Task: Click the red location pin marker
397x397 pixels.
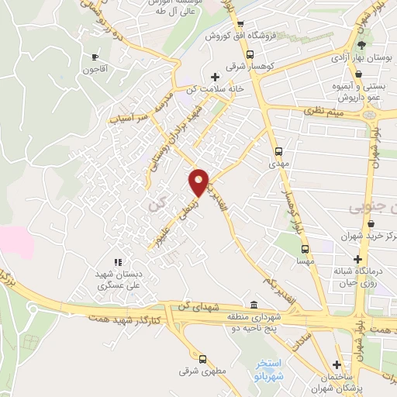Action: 199,182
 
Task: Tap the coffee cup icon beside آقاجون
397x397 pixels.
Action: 95,57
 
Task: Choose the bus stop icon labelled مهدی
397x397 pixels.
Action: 278,152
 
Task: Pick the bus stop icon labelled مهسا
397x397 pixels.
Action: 306,249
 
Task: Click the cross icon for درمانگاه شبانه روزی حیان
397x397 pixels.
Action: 357,259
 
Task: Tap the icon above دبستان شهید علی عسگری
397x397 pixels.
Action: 118,263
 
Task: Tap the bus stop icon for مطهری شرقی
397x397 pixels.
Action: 202,359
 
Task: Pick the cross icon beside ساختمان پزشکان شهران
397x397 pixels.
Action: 337,364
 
